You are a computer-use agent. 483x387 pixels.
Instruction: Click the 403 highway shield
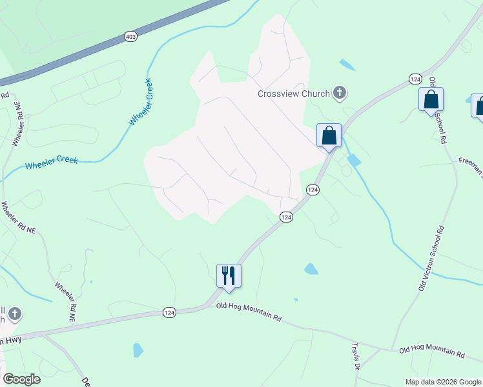(x=130, y=37)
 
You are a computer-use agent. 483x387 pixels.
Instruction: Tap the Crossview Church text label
(x=294, y=94)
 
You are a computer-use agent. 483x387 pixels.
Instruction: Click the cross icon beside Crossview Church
(x=340, y=94)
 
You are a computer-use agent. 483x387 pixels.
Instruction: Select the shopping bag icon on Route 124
(x=329, y=136)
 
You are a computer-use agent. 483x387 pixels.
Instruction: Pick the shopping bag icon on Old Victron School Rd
(x=431, y=101)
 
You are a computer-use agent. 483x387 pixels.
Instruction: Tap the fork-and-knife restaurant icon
(x=229, y=275)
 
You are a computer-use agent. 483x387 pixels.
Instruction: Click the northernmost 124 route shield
(x=415, y=79)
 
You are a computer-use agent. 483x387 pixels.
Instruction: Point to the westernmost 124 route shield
(x=169, y=312)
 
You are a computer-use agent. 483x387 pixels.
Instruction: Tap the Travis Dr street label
(x=356, y=356)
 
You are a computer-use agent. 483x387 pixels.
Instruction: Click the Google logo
(x=21, y=379)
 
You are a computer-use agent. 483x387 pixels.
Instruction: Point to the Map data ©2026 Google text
(x=443, y=382)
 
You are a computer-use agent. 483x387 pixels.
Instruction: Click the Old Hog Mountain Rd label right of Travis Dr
(x=431, y=353)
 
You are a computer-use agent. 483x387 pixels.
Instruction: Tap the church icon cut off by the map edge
(x=13, y=315)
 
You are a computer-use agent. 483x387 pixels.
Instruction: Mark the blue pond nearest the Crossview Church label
(x=347, y=64)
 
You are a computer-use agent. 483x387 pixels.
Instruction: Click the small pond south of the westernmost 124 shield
(x=138, y=350)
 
